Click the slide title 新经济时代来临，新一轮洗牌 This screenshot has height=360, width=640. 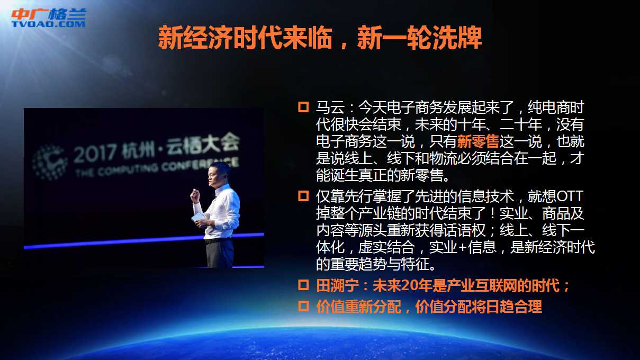(320, 38)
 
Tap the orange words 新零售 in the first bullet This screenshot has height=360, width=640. (479, 141)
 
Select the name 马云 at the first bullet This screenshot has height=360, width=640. (330, 107)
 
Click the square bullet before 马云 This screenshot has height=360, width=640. (303, 107)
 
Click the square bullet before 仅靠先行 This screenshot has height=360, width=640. (303, 196)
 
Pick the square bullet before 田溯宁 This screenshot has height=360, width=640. (303, 285)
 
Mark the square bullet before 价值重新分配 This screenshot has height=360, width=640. (303, 306)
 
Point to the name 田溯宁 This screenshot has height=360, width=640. (337, 285)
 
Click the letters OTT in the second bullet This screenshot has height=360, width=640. (570, 196)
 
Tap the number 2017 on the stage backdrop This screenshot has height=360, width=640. (95, 153)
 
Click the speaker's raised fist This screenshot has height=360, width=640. (195, 195)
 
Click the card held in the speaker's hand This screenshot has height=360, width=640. (199, 216)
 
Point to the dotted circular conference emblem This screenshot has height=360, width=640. (50, 163)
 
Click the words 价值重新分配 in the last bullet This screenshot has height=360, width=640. (358, 307)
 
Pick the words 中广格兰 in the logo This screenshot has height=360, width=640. (49, 14)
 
